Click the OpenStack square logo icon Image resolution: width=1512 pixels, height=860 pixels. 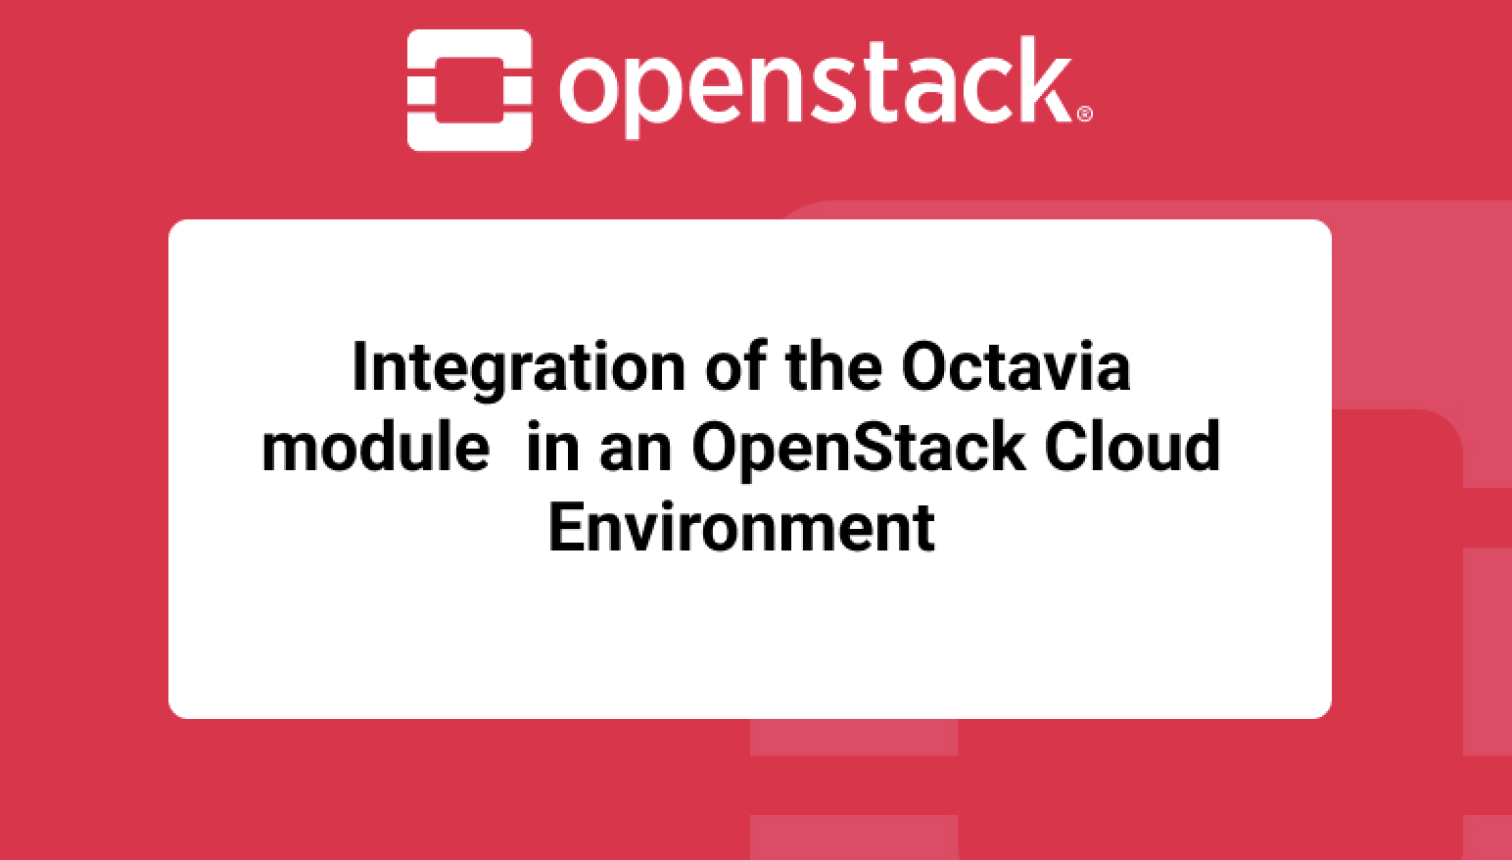pos(469,90)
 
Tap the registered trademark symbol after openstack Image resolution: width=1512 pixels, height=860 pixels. pos(1084,114)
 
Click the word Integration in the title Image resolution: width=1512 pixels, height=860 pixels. pos(518,368)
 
